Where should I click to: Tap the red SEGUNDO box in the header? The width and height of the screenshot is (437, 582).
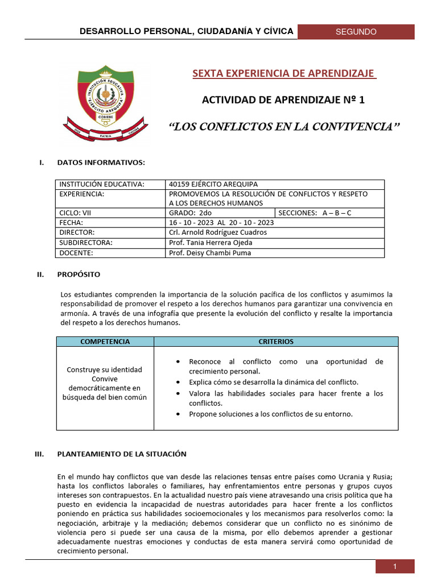356,32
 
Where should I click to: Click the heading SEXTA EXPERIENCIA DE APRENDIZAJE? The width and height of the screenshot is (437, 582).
283,73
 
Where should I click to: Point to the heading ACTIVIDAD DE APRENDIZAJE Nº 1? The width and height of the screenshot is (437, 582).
283,100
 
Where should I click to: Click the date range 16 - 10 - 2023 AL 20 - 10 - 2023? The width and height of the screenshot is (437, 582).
221,222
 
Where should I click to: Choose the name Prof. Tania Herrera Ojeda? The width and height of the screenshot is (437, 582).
211,243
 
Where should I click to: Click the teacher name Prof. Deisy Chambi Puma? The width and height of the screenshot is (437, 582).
210,253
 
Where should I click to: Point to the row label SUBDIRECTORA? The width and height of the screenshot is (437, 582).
85,243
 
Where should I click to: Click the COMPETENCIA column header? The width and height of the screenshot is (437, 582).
105,342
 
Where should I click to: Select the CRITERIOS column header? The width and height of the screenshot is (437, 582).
276,342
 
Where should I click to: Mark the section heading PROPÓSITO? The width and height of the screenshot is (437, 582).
79,275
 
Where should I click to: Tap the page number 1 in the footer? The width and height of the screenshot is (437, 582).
394,566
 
